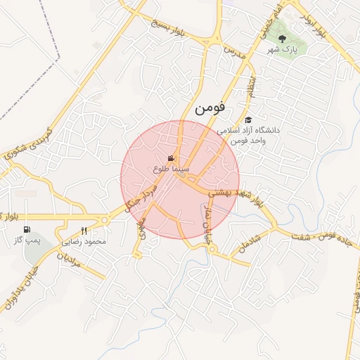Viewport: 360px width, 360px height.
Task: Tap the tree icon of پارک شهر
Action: point(282,39)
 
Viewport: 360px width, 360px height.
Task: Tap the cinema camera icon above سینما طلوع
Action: point(171,158)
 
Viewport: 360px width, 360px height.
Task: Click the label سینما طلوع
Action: point(171,169)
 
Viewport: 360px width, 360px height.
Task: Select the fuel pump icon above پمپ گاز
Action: point(27,229)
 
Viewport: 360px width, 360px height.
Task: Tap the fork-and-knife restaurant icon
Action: point(84,231)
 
